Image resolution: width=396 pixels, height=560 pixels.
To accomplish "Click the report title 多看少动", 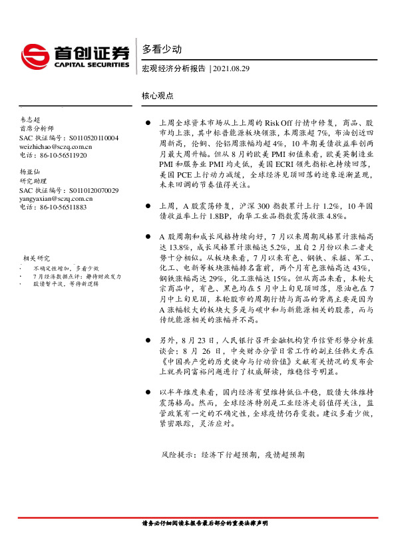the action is [157, 49].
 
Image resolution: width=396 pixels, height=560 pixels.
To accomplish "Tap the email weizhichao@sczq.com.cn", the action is [56, 146].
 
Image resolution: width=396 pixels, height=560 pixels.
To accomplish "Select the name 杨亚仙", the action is [31, 172].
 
